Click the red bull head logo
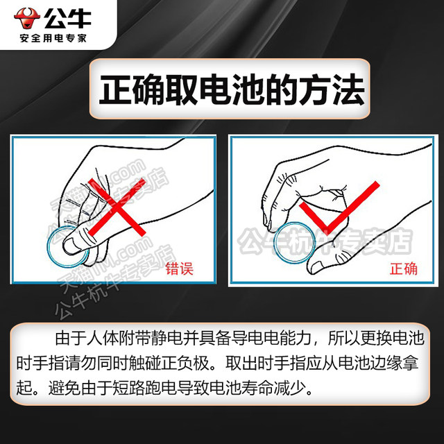pos(27,18)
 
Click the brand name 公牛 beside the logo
pos(67,19)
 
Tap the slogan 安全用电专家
pos(53,38)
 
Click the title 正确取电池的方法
pos(232,89)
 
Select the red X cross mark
pos(117,207)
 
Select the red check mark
pos(339,208)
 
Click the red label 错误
pos(179,268)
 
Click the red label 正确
pos(404,268)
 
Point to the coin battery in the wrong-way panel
pos(67,247)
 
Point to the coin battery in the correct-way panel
pos(294,243)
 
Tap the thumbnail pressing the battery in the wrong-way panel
pos(71,245)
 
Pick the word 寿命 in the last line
pos(257,388)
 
